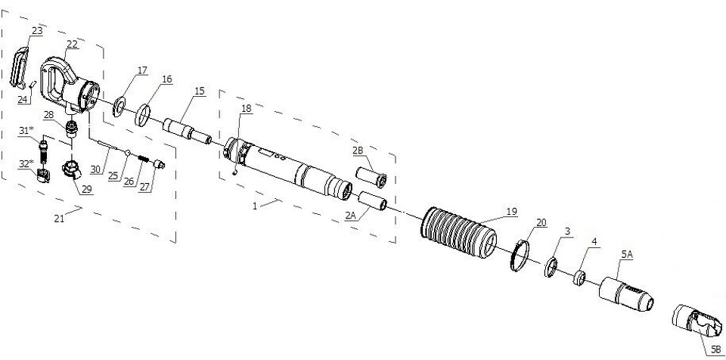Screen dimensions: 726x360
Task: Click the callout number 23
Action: point(38,31)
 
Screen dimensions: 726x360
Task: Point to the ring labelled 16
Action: point(143,116)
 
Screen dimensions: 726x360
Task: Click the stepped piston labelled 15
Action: point(188,130)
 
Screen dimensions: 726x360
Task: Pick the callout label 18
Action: point(247,108)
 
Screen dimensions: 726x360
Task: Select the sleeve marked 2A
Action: point(373,200)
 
